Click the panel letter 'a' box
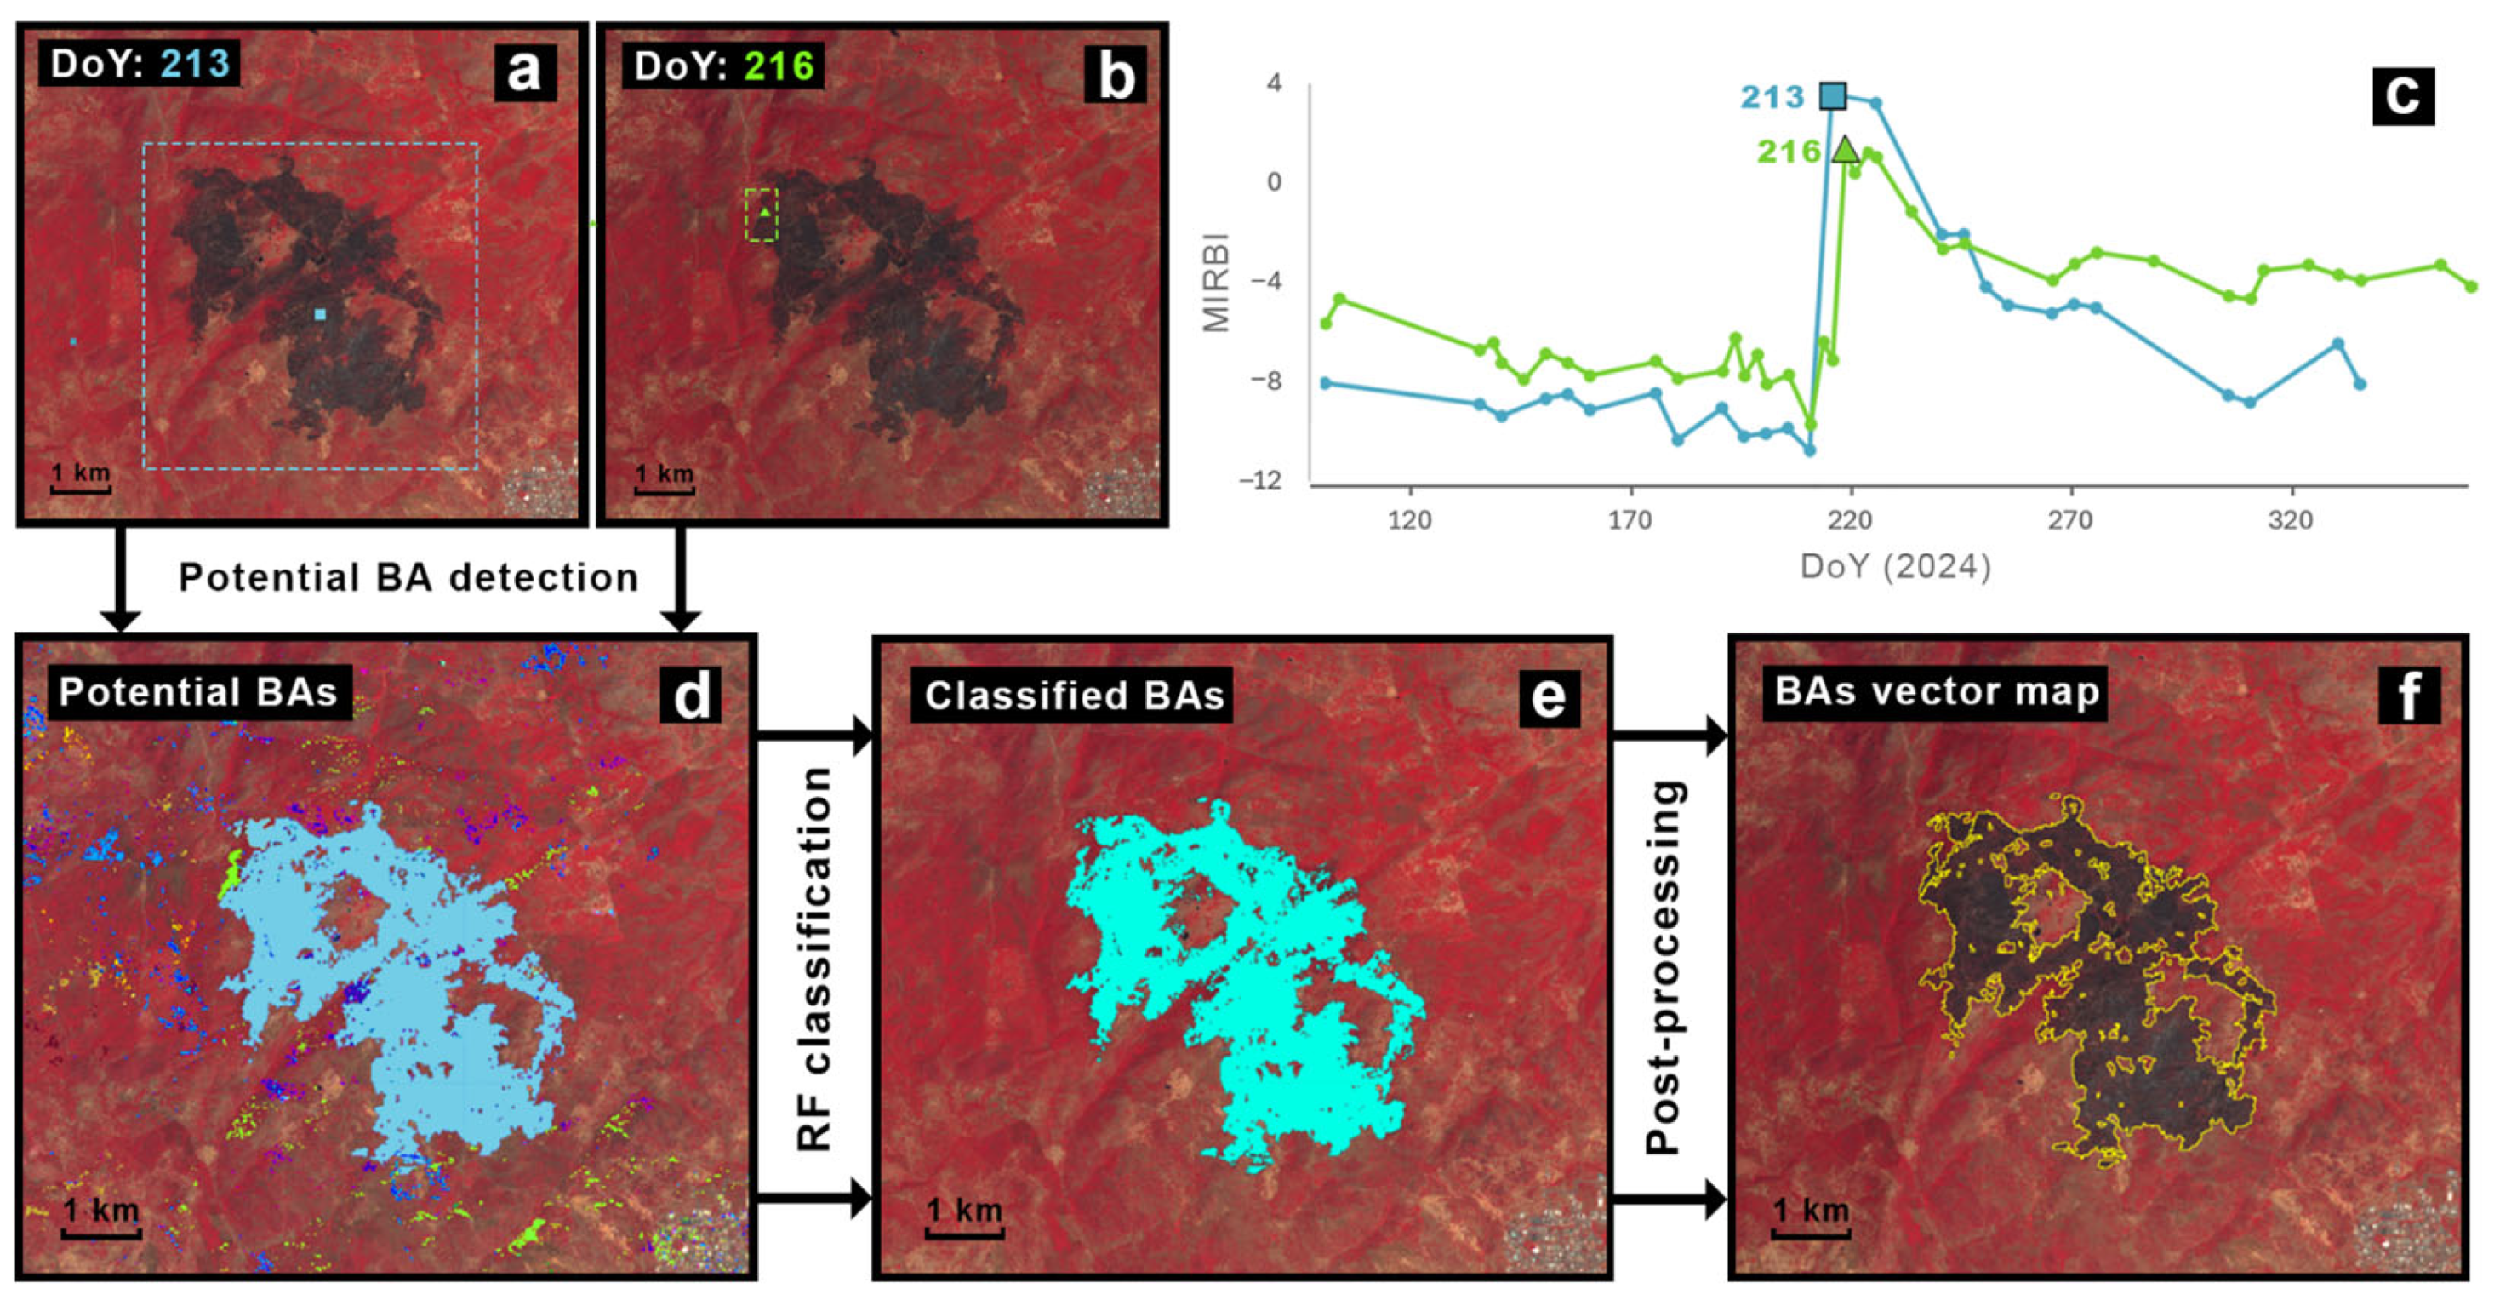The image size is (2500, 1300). [525, 72]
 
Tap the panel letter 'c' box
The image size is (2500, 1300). [2403, 95]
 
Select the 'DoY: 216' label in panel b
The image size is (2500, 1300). [723, 66]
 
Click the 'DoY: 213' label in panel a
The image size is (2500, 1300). [140, 64]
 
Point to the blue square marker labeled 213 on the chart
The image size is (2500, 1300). [1832, 95]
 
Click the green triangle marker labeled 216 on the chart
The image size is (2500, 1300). [1845, 150]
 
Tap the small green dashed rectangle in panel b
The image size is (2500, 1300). [762, 215]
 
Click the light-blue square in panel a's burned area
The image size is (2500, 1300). [320, 314]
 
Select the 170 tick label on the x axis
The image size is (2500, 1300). [1630, 520]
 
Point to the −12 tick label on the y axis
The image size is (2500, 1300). [1259, 480]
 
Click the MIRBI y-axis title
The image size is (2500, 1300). [1216, 282]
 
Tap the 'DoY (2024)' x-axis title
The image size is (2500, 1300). [1895, 566]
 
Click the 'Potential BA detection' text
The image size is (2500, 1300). [408, 578]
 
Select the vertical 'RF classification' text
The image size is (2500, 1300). [814, 959]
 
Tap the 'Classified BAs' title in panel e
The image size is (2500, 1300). [1073, 696]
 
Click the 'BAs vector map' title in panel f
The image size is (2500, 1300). [1936, 691]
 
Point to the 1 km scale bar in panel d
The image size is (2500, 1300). [101, 1219]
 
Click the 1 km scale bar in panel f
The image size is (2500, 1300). [1811, 1219]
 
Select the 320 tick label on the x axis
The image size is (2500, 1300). [2291, 520]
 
